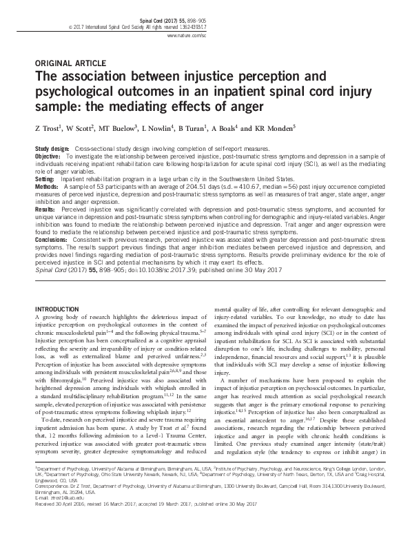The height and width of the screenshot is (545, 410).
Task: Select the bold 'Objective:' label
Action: point(48,156)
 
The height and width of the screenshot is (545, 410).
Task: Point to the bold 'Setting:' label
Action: point(45,177)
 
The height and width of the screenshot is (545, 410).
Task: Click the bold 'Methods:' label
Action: point(47,185)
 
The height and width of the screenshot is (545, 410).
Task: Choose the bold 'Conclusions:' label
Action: point(52,240)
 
